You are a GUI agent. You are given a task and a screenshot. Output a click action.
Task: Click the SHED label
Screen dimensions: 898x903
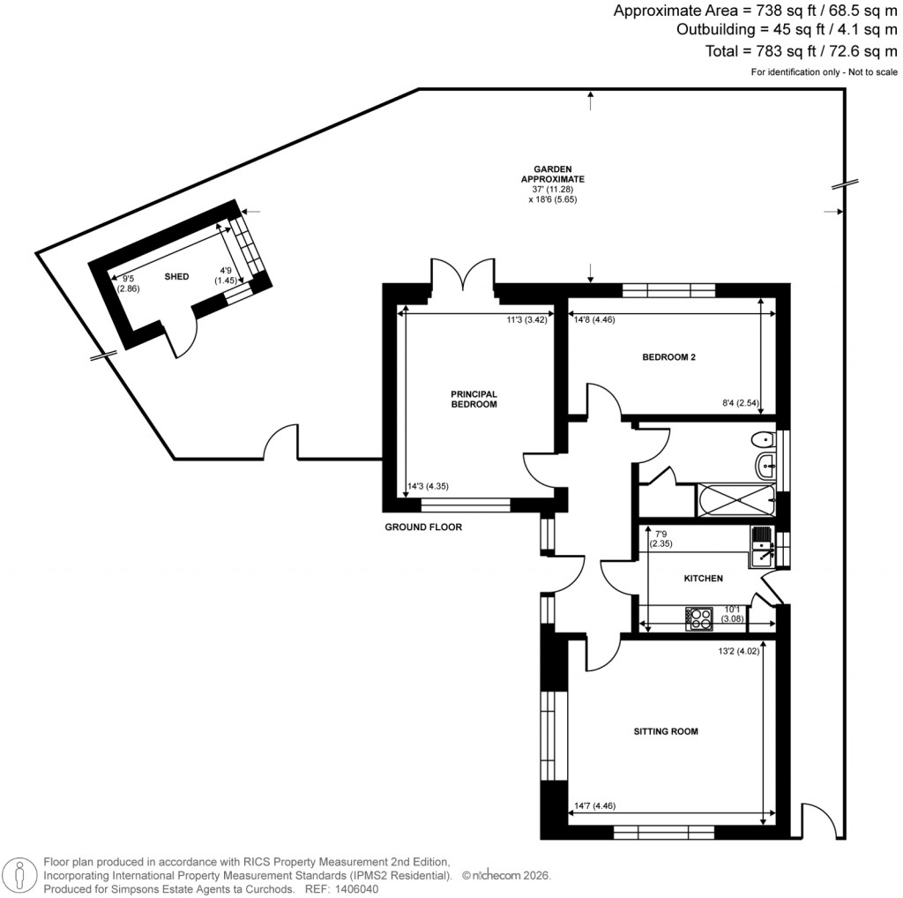pos(177,276)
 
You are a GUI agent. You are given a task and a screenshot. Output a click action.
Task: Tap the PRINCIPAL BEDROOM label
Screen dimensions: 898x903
pos(474,399)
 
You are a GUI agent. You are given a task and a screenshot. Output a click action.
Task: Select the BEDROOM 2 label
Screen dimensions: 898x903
pos(669,357)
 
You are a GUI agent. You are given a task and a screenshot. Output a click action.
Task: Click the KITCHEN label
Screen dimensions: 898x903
pos(704,579)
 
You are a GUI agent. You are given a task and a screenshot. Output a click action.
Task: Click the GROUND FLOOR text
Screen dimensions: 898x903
pos(423,528)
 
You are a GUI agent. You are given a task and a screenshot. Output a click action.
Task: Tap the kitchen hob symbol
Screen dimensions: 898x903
pos(699,619)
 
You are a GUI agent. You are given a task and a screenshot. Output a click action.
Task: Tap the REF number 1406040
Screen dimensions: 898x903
pos(354,889)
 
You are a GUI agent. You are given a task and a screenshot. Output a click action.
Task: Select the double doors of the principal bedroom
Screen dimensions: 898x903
pos(463,275)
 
